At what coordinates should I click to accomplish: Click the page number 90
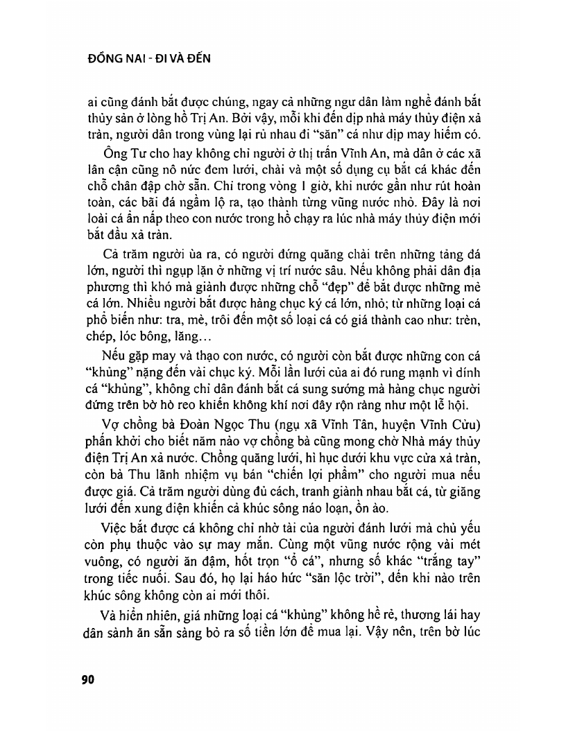(87, 679)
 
